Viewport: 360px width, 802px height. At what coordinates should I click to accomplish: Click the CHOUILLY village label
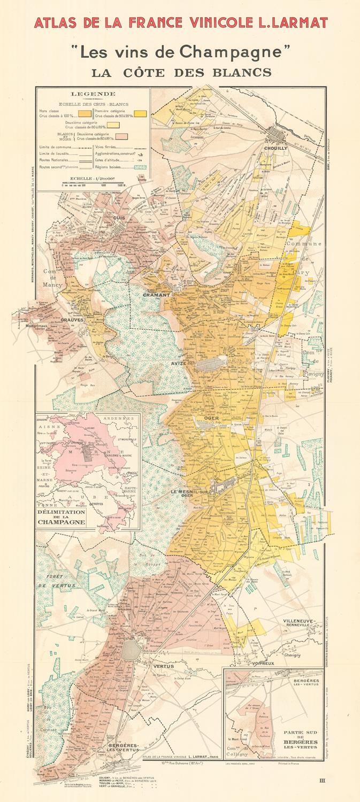click(275, 148)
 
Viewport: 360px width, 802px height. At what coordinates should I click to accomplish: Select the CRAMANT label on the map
click(156, 295)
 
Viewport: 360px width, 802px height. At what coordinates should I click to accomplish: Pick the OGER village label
click(219, 418)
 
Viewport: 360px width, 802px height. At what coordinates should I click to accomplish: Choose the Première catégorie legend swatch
click(141, 113)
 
